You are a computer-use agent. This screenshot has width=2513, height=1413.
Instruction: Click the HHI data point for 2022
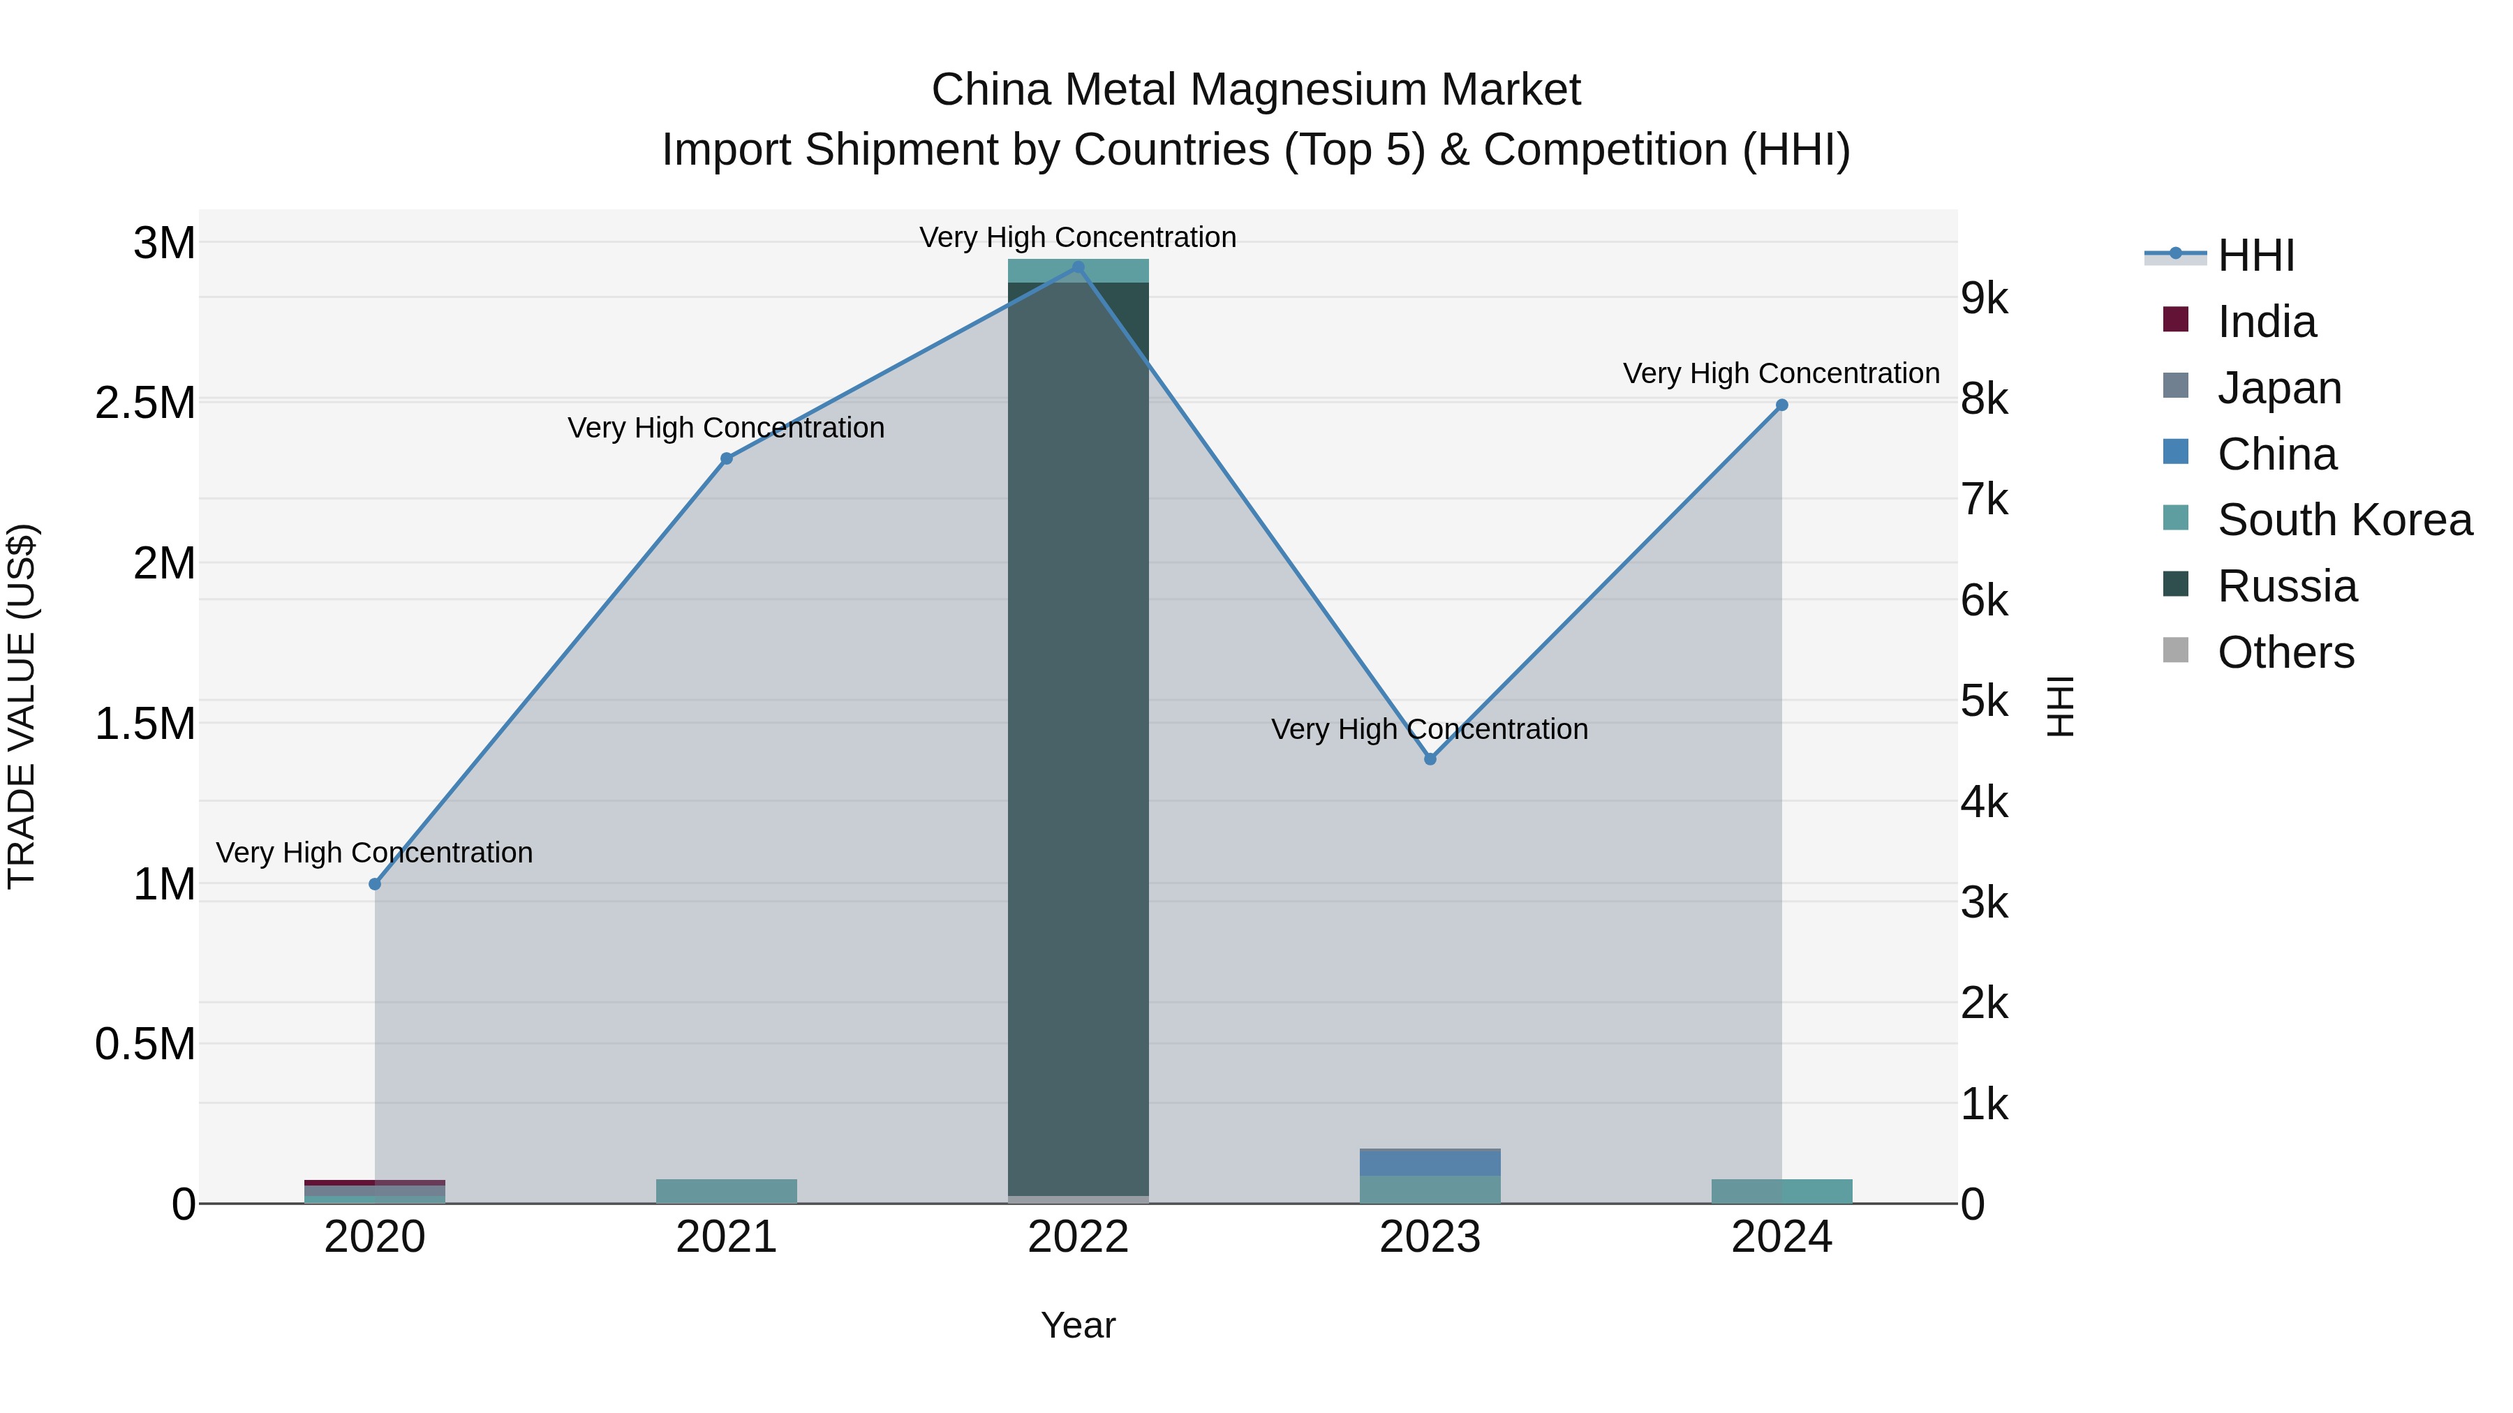(x=1078, y=267)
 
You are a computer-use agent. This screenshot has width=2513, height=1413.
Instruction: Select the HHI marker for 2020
(x=375, y=883)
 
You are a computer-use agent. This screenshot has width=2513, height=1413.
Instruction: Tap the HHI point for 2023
(x=1430, y=758)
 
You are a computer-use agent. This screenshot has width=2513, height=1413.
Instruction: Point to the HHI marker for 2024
(x=1781, y=405)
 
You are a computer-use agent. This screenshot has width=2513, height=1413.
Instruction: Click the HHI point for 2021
(x=726, y=458)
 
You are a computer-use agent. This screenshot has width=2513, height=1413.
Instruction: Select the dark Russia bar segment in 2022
(x=1078, y=731)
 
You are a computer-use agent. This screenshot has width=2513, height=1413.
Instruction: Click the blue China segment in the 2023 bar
(x=1430, y=1163)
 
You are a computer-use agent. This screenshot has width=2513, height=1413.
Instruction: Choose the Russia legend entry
(x=2287, y=586)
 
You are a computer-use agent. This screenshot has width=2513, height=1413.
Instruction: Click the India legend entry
(x=2266, y=322)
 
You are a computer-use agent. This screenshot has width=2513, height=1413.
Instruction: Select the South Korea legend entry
(x=2344, y=520)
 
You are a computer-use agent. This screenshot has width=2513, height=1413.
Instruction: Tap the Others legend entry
(x=2285, y=652)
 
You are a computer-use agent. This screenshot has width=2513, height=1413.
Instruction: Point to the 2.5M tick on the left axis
(x=145, y=403)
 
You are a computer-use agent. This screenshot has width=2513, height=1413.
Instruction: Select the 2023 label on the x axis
(x=1430, y=1237)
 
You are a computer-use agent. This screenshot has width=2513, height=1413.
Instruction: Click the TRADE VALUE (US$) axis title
(x=22, y=706)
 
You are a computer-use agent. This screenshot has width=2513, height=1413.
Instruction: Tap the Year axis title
(x=1078, y=1325)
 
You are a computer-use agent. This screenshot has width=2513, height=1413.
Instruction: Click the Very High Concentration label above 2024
(x=1781, y=373)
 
